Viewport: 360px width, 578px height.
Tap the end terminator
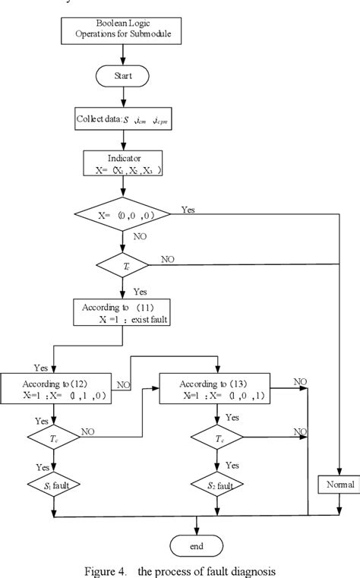(197, 545)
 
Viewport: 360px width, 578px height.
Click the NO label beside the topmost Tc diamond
(167, 259)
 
